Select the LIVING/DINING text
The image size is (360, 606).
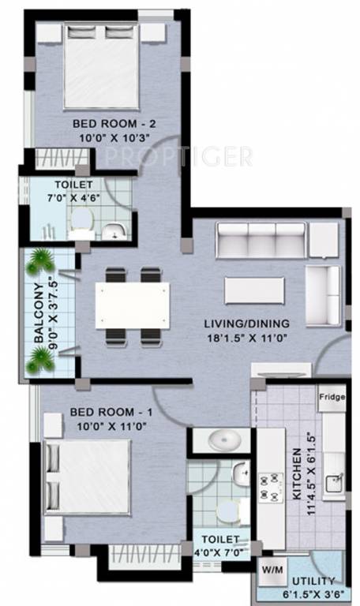[246, 323]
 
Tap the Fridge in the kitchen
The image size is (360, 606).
[332, 398]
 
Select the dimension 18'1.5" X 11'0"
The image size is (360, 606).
[246, 338]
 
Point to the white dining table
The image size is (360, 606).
[132, 306]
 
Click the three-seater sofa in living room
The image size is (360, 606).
[260, 238]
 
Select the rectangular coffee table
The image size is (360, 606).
[254, 290]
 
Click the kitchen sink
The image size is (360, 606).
[334, 482]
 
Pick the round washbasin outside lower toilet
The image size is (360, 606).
[221, 439]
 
